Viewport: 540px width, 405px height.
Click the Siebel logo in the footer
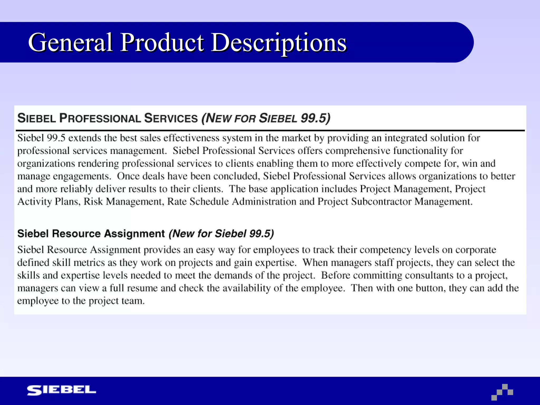61,390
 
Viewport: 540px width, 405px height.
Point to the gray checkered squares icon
502,392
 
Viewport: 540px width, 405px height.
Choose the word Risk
93,201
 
